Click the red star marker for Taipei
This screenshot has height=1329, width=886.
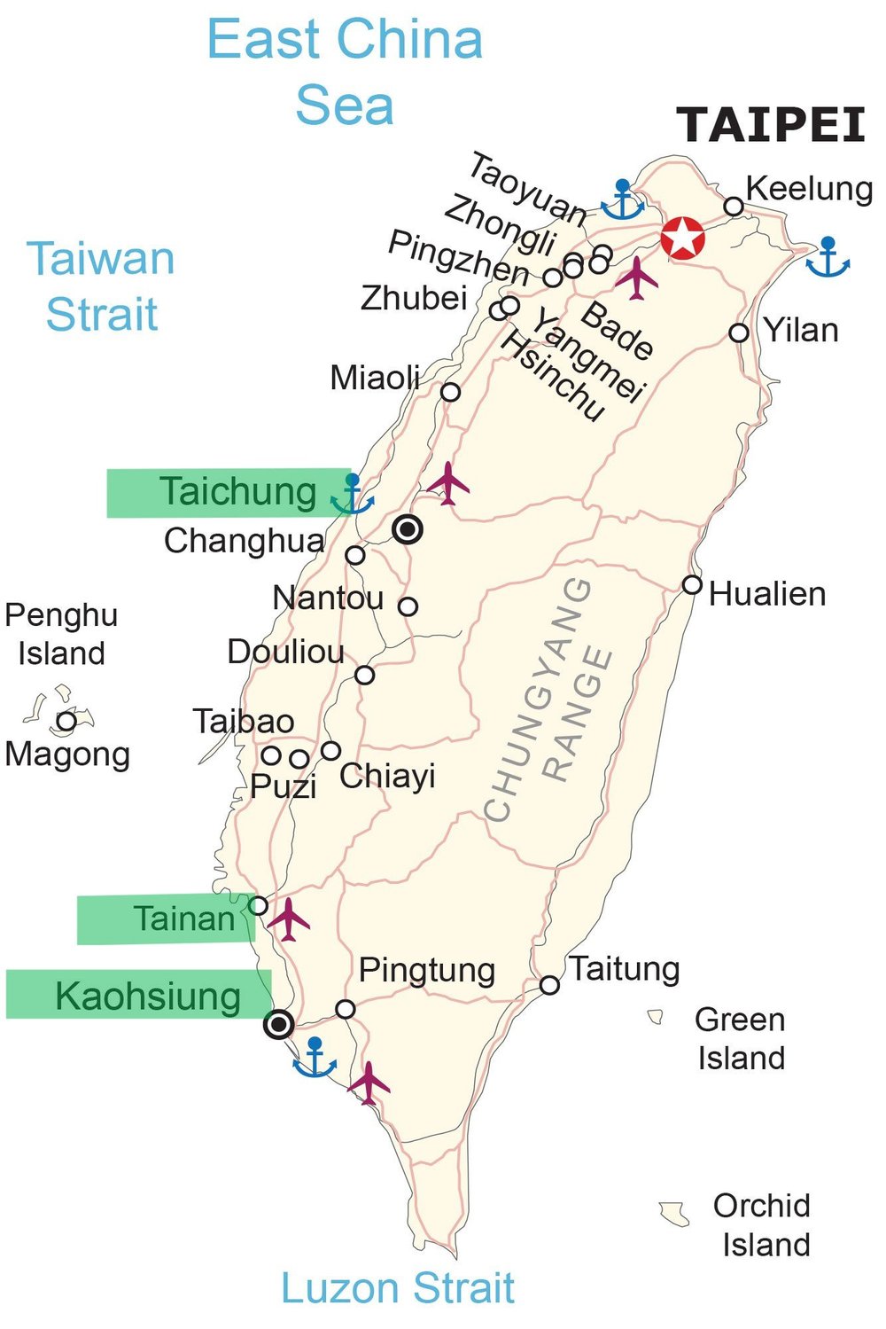(x=683, y=238)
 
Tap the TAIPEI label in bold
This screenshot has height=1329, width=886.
(x=771, y=125)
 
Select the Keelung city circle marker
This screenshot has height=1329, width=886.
(x=734, y=207)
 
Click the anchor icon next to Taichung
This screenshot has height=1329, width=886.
(x=353, y=496)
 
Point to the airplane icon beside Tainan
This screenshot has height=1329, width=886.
(x=289, y=919)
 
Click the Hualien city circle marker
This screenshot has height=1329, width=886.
(x=692, y=585)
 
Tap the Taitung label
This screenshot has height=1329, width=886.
(x=625, y=968)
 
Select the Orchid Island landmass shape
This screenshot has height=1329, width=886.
(x=675, y=1213)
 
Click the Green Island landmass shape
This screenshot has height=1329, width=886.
(x=657, y=1017)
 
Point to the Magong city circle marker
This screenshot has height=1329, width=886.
(x=66, y=720)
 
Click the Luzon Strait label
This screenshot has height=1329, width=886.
(x=398, y=1287)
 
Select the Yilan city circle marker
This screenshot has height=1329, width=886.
(x=739, y=333)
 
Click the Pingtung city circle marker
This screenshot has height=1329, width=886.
(x=346, y=1009)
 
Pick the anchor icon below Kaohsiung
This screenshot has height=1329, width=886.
(x=315, y=1057)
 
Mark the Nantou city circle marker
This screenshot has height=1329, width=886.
(x=408, y=606)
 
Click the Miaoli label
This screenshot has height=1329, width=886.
(x=375, y=379)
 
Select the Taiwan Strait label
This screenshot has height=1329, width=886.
(x=101, y=286)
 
